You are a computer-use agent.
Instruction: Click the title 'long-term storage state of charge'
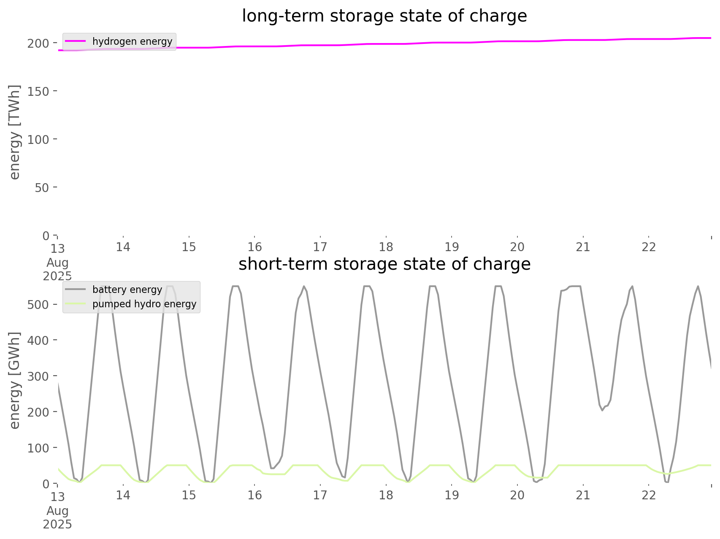tap(384, 16)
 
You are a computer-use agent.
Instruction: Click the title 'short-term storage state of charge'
tap(384, 264)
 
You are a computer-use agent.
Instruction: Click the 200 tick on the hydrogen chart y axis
tap(38, 43)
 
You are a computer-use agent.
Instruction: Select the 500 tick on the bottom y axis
tap(38, 304)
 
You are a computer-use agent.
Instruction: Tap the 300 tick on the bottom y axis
tap(38, 376)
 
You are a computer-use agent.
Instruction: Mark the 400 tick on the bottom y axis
tap(38, 340)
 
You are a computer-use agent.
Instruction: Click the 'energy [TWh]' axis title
tap(15, 132)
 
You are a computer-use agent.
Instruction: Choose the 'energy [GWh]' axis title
tap(15, 380)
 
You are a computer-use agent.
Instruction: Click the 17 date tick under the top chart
tap(320, 246)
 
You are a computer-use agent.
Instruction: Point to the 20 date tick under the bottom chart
tap(517, 495)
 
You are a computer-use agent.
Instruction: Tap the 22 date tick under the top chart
tap(649, 246)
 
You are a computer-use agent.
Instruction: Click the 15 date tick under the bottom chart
tap(189, 495)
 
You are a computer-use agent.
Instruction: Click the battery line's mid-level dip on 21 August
tap(602, 409)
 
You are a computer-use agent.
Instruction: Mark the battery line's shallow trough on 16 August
tap(272, 468)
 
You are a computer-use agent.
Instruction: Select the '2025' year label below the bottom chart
tap(57, 525)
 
